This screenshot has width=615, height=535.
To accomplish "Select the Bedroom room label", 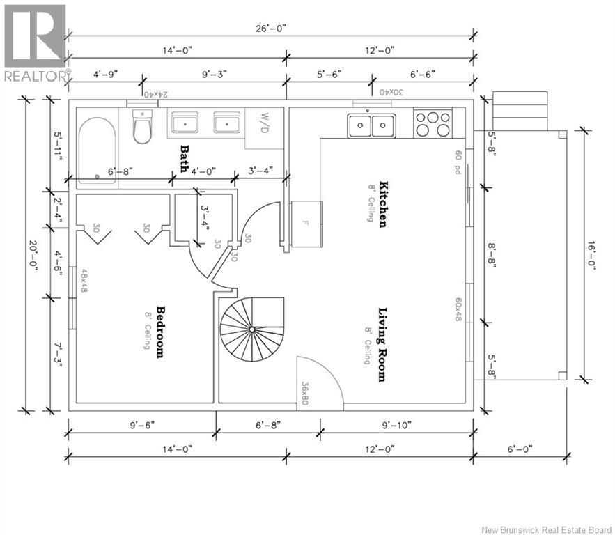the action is pyautogui.click(x=160, y=332).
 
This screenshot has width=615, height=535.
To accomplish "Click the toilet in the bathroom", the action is pyautogui.click(x=141, y=126).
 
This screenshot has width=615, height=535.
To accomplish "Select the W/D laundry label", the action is pyautogui.click(x=265, y=123).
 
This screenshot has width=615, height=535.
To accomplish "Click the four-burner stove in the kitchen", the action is pyautogui.click(x=433, y=123).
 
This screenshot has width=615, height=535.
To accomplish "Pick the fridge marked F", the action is pyautogui.click(x=306, y=224).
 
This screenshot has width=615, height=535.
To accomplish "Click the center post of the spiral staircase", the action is pyautogui.click(x=252, y=329).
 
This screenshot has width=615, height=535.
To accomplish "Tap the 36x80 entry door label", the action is pyautogui.click(x=306, y=393).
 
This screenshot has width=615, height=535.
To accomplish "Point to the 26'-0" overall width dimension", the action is pyautogui.click(x=271, y=29).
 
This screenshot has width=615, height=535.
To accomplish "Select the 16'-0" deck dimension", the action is pyautogui.click(x=591, y=256).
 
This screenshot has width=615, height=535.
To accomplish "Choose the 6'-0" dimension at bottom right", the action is pyautogui.click(x=520, y=449).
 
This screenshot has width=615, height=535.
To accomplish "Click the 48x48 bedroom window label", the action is pyautogui.click(x=84, y=281).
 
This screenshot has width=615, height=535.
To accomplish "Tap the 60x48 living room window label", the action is pyautogui.click(x=458, y=309).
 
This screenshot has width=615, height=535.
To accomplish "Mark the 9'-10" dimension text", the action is pyautogui.click(x=397, y=425).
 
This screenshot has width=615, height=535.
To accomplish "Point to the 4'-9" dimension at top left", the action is pyautogui.click(x=105, y=74).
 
